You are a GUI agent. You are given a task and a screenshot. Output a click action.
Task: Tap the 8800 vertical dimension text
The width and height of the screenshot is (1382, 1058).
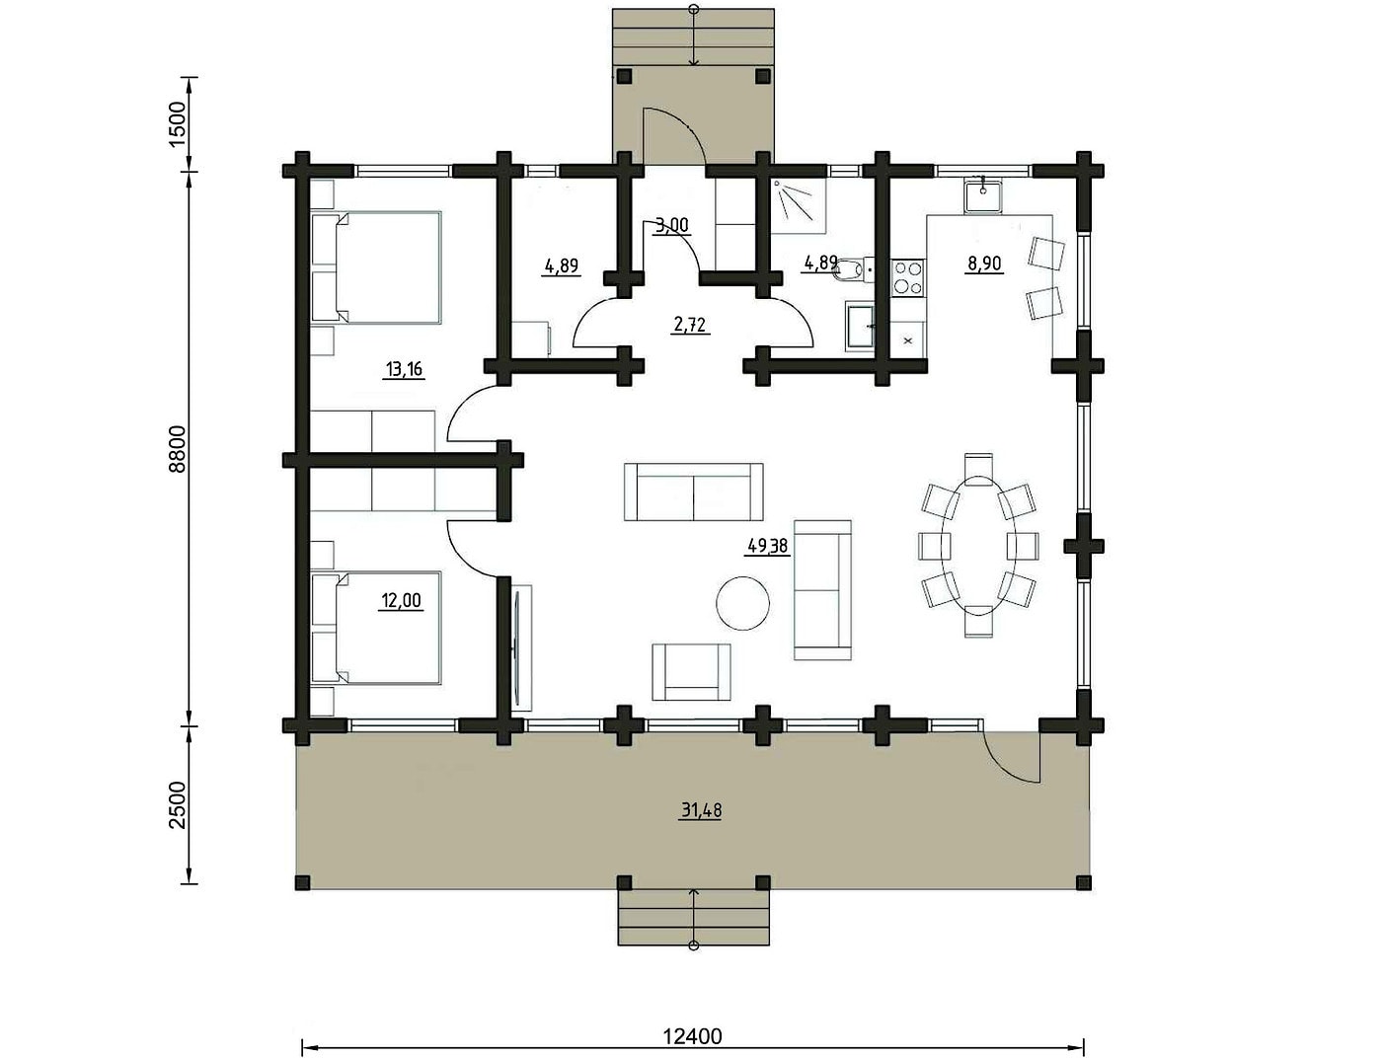pos(179,449)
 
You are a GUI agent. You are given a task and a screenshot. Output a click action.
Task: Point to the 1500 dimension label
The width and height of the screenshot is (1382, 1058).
pos(179,124)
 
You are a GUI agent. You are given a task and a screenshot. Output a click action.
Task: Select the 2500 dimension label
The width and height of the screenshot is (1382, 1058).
pos(179,805)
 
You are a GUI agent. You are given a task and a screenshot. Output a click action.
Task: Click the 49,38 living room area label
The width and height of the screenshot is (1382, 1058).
pos(768,546)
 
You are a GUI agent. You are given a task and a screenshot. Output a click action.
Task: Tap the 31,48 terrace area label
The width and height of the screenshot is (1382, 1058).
pos(702,810)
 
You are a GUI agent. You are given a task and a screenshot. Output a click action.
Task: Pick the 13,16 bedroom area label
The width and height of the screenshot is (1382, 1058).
pos(404,369)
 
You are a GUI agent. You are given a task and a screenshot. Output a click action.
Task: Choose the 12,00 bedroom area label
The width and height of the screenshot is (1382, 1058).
pos(401,600)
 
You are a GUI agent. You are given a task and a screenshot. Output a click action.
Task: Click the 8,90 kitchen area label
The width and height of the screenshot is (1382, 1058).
pos(983,264)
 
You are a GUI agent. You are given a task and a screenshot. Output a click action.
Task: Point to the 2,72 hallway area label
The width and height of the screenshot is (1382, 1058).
pos(689,326)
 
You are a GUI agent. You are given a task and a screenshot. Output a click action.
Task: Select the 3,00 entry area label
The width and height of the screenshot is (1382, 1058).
pos(671,226)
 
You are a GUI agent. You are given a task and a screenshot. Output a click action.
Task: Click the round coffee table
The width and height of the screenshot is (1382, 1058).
pos(743,603)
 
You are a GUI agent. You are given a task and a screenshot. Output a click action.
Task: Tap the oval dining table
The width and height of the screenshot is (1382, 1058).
pos(978,546)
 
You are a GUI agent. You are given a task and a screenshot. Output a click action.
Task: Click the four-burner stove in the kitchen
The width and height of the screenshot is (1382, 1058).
pos(908,278)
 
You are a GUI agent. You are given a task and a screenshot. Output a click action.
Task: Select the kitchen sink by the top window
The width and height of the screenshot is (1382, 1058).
pos(983,195)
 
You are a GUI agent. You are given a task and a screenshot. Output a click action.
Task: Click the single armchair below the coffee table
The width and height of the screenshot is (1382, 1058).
pos(691,672)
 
